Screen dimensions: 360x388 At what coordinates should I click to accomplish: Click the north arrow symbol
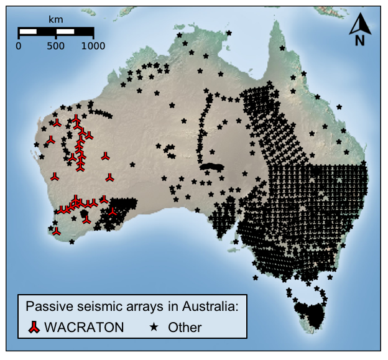click(x=359, y=24)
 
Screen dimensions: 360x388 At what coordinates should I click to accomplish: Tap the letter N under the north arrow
click(x=359, y=41)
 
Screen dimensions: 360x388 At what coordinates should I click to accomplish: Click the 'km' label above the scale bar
click(x=56, y=19)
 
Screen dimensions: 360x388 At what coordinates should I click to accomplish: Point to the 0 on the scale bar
click(x=19, y=45)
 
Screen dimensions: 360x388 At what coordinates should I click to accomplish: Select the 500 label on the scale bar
click(x=56, y=45)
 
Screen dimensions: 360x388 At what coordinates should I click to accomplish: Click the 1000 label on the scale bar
click(x=93, y=45)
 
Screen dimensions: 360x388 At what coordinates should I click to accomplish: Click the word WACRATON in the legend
click(x=84, y=326)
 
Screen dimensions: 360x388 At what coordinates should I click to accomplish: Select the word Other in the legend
click(x=185, y=326)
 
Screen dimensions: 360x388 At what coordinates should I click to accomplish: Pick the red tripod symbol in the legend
click(x=34, y=326)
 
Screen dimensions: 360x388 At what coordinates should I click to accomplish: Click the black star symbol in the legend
click(x=154, y=326)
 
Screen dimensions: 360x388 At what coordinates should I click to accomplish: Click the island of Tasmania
click(x=309, y=311)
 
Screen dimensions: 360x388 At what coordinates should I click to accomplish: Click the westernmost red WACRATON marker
click(x=49, y=140)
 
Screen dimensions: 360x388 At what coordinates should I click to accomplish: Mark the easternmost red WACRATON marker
click(x=112, y=211)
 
